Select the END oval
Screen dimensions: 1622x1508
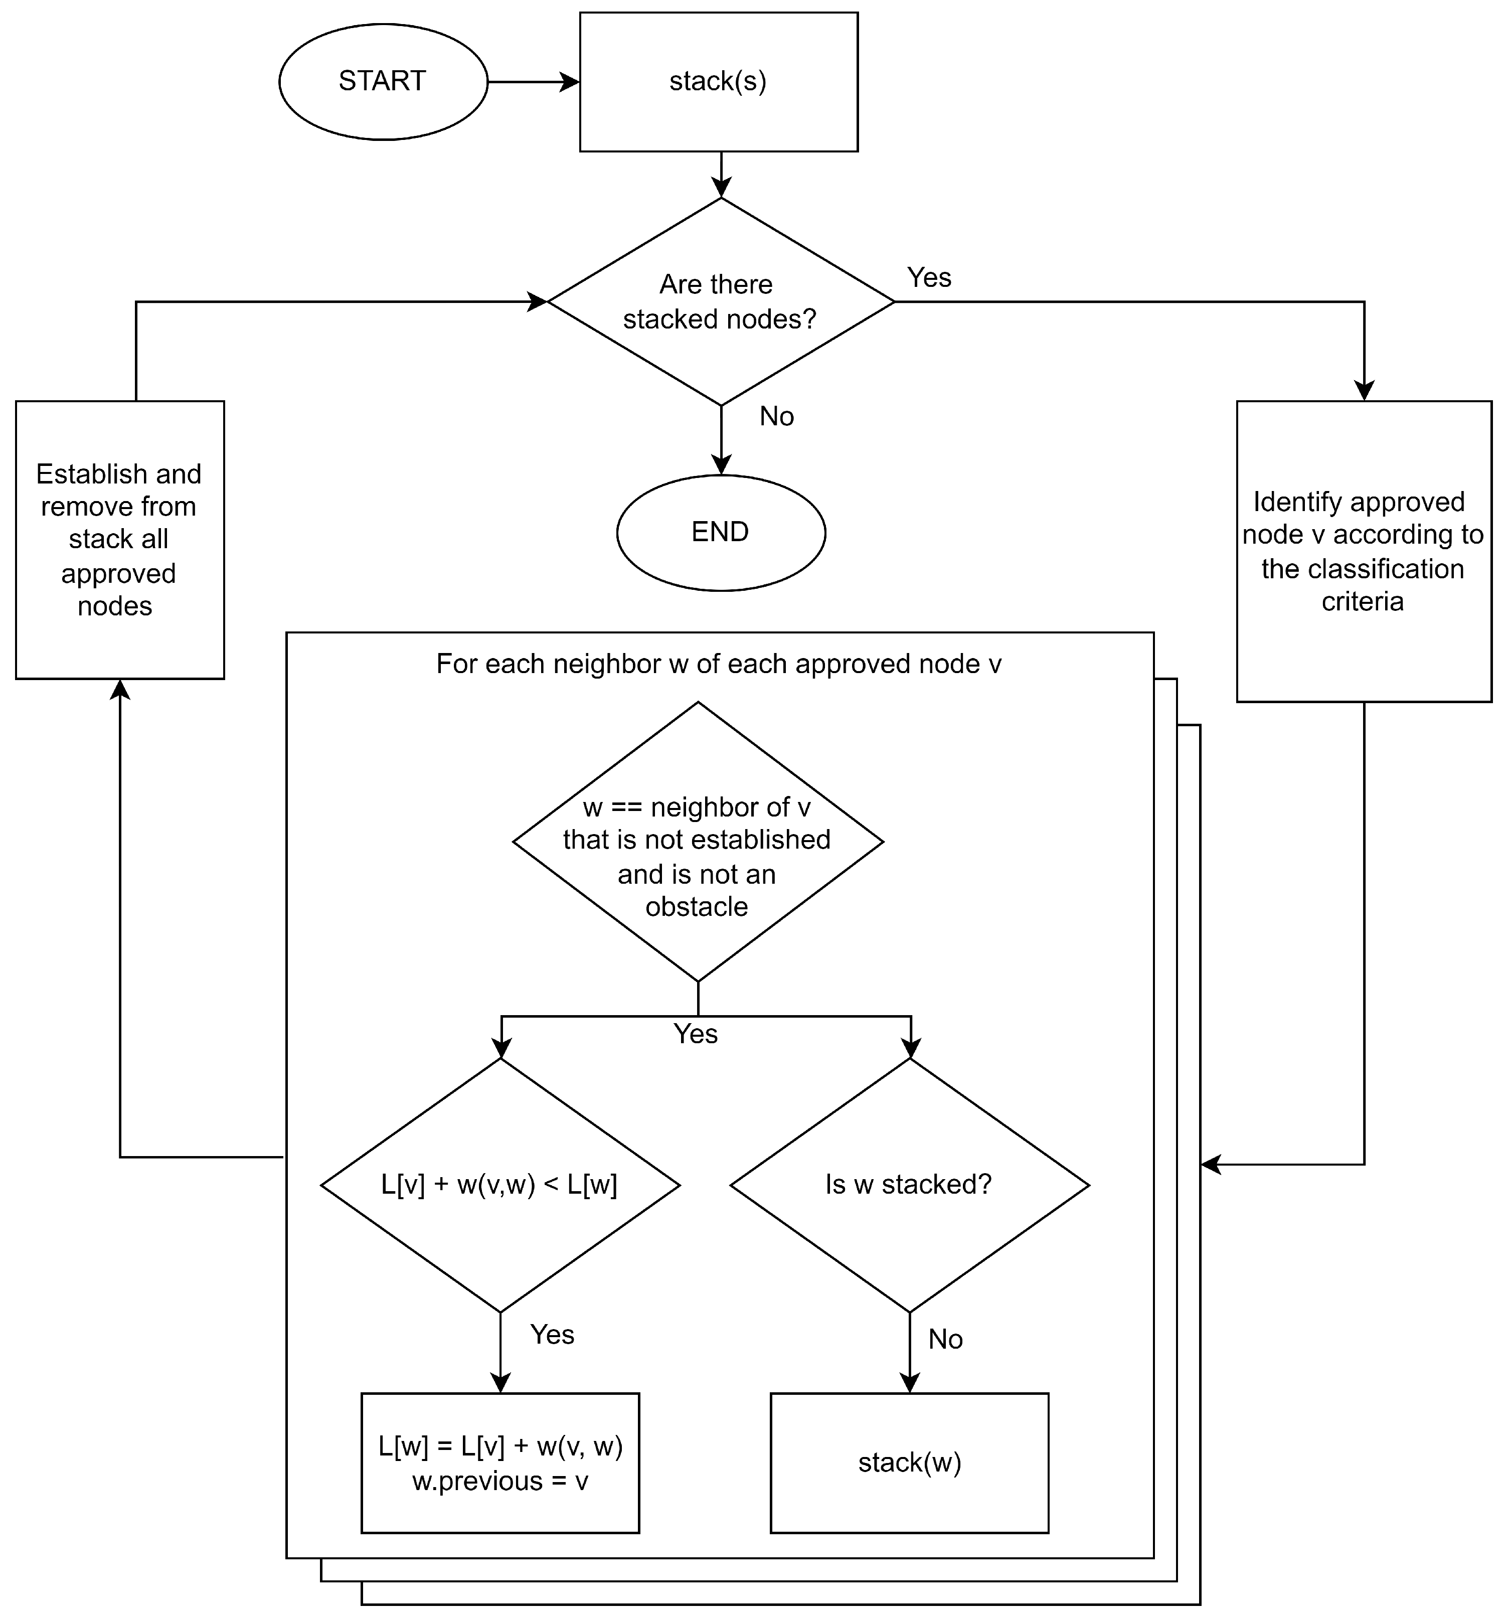721,533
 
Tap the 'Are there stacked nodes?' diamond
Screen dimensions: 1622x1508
721,302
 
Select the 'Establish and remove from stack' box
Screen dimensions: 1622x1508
120,540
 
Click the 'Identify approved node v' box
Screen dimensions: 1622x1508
1364,552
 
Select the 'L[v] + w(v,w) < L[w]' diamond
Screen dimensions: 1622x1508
500,1186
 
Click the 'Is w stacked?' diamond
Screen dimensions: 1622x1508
910,1186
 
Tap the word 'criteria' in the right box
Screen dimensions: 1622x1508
1363,602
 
